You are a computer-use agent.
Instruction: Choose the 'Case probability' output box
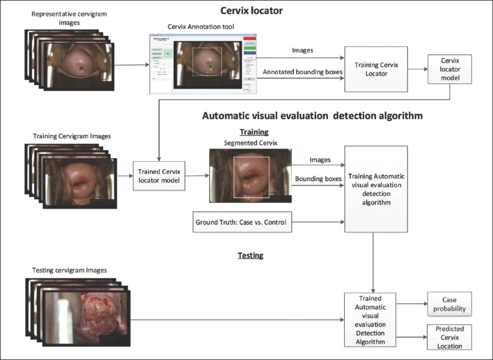pyautogui.click(x=449, y=304)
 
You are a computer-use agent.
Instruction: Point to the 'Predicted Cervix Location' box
pyautogui.click(x=449, y=337)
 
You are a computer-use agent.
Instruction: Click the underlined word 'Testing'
pyautogui.click(x=250, y=255)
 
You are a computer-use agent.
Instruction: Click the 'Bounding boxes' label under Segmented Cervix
pyautogui.click(x=318, y=179)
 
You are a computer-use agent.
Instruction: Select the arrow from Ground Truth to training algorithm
pyautogui.click(x=318, y=223)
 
